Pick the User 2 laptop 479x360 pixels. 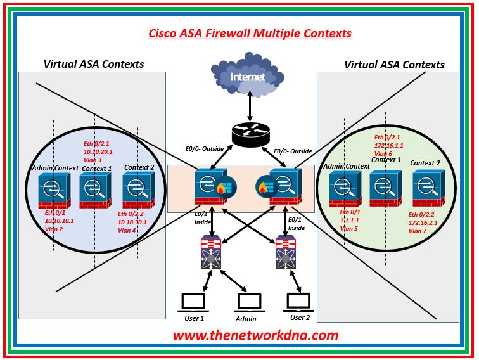pyautogui.click(x=298, y=302)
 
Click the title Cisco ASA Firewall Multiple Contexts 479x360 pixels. pyautogui.click(x=250, y=33)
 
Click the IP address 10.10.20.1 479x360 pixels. pyautogui.click(x=98, y=152)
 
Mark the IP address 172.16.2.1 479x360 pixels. pyautogui.click(x=423, y=223)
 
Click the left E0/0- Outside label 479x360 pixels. pyautogui.click(x=204, y=151)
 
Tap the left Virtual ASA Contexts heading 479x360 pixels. pyautogui.click(x=93, y=64)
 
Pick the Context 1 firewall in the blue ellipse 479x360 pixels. pyautogui.click(x=94, y=190)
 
